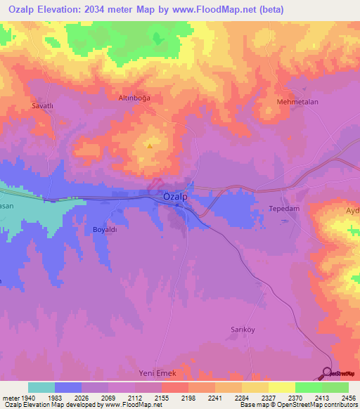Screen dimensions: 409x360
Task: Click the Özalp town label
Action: [x=175, y=197]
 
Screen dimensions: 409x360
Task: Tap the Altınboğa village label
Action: [x=134, y=98]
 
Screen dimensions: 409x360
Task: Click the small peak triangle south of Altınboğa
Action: [x=150, y=146]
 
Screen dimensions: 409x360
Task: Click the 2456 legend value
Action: [x=340, y=397]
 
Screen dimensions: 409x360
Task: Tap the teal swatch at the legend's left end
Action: [x=41, y=387]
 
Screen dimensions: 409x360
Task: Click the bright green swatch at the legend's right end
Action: [x=335, y=387]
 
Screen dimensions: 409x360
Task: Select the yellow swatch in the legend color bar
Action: [x=281, y=387]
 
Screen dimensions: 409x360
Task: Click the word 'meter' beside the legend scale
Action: [x=8, y=397]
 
